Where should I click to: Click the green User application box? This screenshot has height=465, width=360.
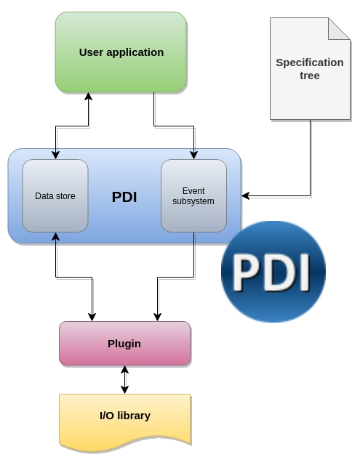point(121,52)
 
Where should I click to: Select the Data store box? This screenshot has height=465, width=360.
point(55,195)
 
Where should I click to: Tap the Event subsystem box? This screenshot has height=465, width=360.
point(193,195)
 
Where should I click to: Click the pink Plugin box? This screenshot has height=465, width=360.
point(124,344)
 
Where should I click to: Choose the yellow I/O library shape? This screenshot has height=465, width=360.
point(124,421)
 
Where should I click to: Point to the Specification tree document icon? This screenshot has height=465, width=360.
point(310,69)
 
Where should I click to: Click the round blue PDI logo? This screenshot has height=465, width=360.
point(273,272)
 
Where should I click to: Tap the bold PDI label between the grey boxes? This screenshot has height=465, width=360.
point(124,197)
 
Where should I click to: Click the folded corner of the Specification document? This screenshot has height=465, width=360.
point(339,29)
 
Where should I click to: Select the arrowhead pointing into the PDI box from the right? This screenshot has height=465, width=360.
point(245,195)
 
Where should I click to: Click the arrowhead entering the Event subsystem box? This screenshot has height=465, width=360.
point(193,155)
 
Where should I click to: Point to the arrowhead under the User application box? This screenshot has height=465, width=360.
point(89,97)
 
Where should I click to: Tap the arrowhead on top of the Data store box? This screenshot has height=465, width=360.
point(55,155)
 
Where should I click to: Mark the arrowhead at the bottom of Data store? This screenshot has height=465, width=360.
point(55,236)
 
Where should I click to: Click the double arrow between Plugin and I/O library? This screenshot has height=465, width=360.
point(124,379)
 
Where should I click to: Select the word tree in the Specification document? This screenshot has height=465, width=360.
point(310,76)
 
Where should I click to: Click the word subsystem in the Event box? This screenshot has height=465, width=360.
point(193,201)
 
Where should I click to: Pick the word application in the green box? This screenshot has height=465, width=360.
point(135,53)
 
